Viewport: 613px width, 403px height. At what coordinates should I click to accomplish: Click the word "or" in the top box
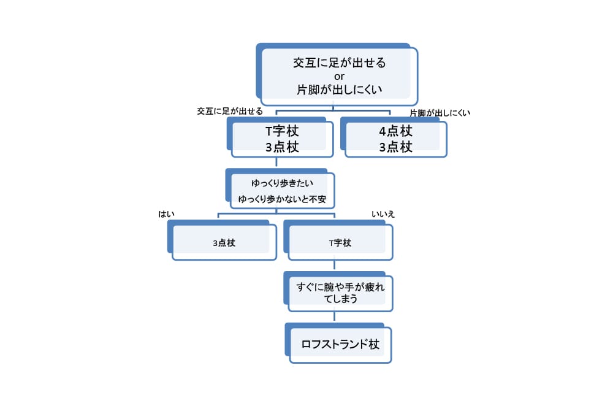tap(339, 76)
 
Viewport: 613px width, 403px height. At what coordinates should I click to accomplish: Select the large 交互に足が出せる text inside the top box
tap(340, 63)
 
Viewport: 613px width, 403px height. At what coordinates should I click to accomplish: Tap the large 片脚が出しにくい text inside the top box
tap(340, 90)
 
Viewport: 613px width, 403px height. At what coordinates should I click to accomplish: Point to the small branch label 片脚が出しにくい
tap(440, 113)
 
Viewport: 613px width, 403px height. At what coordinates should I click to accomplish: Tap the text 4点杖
tap(395, 131)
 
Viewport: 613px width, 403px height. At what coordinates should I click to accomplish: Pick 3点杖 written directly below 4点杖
tap(395, 147)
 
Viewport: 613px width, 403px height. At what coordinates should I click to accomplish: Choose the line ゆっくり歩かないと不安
tap(282, 199)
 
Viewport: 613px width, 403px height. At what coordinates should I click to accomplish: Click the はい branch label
tap(167, 213)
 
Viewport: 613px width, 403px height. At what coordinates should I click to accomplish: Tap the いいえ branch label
tap(383, 213)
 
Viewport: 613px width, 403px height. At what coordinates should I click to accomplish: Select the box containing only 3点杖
tap(224, 242)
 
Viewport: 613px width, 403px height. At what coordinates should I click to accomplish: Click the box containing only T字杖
tap(340, 242)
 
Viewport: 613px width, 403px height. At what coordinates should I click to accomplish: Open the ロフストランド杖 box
tap(340, 344)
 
